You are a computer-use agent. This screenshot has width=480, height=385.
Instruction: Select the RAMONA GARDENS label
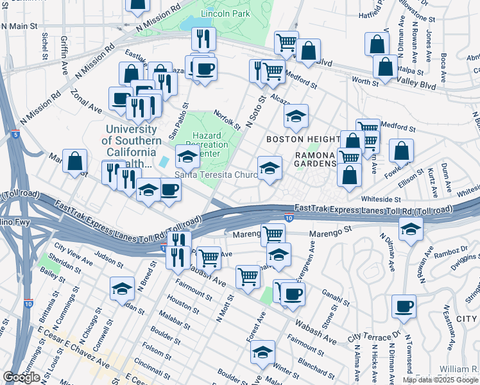point(316,159)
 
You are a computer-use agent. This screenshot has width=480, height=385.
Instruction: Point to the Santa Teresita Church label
point(216,175)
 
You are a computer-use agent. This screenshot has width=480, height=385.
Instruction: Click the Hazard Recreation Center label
point(207,145)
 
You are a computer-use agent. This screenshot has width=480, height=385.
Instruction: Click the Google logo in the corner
point(21,377)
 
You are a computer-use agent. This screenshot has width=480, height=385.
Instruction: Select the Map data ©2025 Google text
point(440,380)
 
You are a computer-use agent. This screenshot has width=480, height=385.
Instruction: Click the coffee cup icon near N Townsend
point(404,306)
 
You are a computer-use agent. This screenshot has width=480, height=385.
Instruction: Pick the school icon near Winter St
point(262,352)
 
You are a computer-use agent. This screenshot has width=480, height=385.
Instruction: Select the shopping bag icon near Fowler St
point(401,151)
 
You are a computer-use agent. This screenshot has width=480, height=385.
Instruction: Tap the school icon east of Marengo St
point(409,228)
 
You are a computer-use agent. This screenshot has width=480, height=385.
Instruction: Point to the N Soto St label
point(255,113)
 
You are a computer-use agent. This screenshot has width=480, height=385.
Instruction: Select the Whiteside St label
point(381,200)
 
